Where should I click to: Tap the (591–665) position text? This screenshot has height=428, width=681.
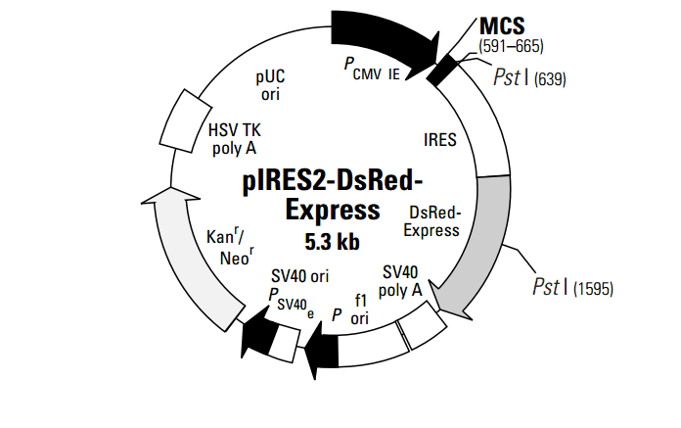coord(511,46)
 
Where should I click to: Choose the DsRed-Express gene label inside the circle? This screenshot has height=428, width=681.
coord(433,221)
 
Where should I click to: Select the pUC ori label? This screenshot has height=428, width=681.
coord(271,84)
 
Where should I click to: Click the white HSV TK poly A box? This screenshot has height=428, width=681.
coord(185,119)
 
